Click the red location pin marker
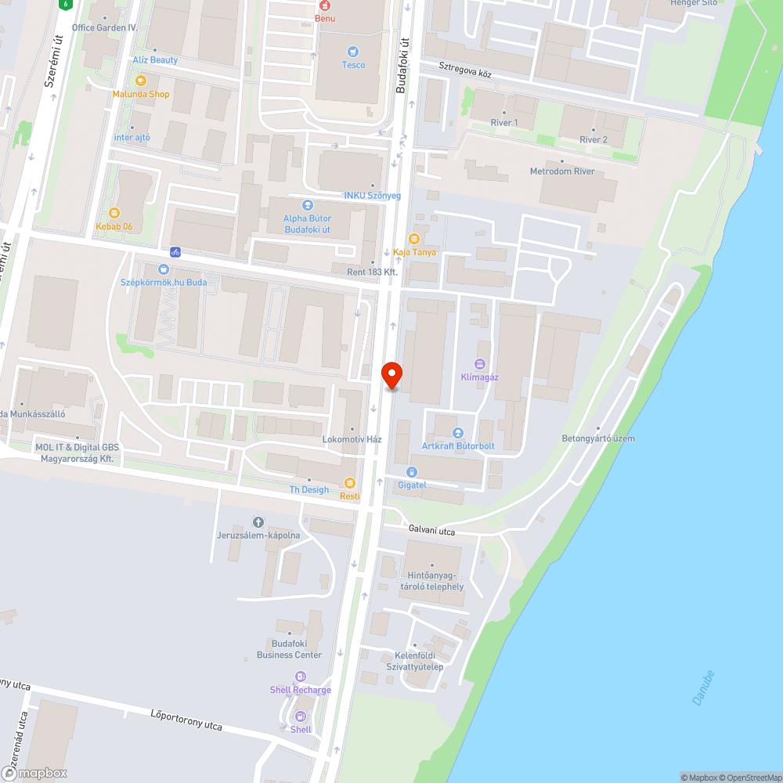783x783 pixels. (x=391, y=374)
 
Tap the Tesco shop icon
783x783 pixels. (x=353, y=52)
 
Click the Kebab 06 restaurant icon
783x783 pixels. (x=114, y=212)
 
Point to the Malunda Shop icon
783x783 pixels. (x=141, y=80)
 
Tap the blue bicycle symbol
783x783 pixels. (x=175, y=252)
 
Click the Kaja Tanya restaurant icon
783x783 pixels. (x=414, y=238)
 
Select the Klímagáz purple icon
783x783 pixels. (x=479, y=363)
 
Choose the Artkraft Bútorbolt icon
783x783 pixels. (x=458, y=433)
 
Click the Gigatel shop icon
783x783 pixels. (x=412, y=471)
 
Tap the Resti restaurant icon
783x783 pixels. (x=349, y=482)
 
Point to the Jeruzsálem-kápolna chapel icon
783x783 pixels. (x=258, y=521)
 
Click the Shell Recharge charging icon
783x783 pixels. (x=300, y=677)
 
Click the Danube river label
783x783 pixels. (x=704, y=687)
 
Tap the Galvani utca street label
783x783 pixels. (x=431, y=530)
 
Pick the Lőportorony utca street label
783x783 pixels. (x=186, y=720)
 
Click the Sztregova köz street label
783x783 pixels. (x=465, y=74)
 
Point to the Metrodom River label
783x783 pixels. (x=562, y=171)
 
